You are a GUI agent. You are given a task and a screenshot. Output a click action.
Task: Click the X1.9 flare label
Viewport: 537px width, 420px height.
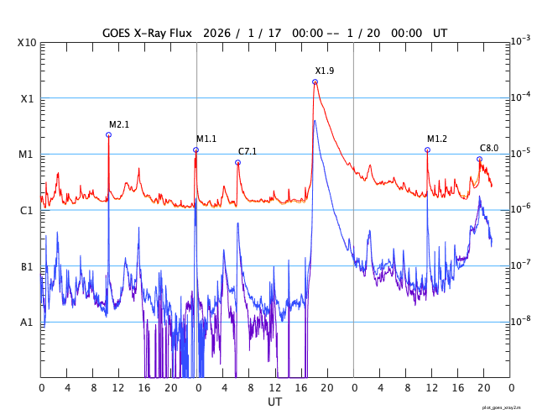325,71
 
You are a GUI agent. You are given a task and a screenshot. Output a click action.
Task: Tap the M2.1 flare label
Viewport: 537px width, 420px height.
119,124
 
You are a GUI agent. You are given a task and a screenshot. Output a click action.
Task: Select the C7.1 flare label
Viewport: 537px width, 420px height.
248,152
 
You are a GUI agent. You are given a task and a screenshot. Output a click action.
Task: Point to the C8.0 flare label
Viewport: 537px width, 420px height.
489,148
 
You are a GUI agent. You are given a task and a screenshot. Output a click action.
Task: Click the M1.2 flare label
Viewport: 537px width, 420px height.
437,139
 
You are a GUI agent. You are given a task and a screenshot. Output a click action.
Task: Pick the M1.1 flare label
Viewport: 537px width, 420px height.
206,139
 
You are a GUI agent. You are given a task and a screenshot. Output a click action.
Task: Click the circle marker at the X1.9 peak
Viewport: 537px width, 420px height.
315,82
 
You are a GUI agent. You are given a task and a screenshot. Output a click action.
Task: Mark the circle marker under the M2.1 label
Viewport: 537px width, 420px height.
108,134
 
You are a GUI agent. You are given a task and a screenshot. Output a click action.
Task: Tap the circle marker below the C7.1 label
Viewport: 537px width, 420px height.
237,163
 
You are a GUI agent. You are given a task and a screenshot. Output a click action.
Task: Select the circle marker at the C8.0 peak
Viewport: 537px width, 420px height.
479,160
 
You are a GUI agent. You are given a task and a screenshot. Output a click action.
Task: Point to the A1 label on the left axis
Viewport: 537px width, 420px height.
27,323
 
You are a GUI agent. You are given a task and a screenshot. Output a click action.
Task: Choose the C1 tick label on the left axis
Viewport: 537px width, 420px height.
27,211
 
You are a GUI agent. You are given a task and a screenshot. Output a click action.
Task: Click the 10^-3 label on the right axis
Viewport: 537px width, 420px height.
521,41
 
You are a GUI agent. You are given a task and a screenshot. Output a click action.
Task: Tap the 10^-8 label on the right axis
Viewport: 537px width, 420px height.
521,321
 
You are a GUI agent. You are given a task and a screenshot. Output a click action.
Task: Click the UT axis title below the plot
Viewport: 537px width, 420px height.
274,402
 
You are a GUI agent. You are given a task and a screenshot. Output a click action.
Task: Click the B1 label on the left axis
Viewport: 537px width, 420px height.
27,267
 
